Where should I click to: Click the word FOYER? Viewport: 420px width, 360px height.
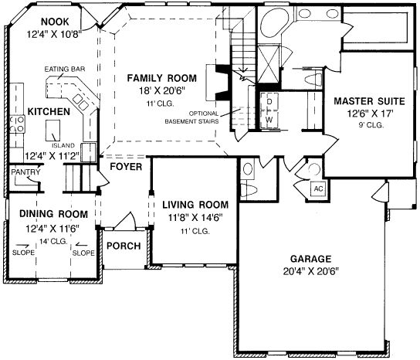[x=124, y=166]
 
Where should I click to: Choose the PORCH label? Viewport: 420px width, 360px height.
[x=124, y=246]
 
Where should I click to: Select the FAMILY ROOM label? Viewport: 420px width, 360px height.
[x=161, y=78]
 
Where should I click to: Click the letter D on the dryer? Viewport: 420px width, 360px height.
[x=269, y=101]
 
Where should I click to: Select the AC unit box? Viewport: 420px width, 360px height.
[x=317, y=188]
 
